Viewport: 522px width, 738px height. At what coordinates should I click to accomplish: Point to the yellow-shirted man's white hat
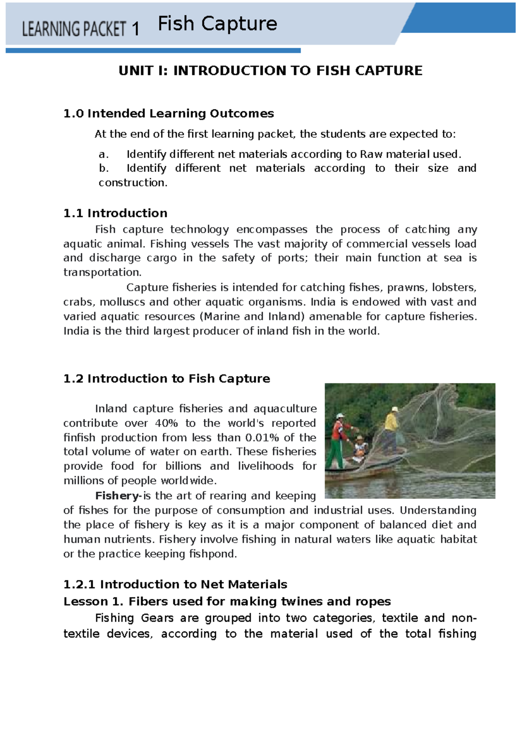[x=395, y=409]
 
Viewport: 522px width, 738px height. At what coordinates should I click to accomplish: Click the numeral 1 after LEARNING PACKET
[x=135, y=29]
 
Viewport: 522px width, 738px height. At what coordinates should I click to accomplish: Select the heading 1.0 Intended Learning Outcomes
[x=168, y=113]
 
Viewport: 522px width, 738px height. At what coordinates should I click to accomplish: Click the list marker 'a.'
[x=104, y=154]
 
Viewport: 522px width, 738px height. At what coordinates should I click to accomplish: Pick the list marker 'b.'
[x=104, y=168]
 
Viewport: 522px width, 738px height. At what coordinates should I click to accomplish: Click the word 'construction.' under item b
[x=133, y=183]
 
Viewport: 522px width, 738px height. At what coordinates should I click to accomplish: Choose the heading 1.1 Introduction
[x=115, y=213]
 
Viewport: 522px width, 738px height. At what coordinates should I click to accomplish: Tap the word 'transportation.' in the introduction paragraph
[x=103, y=273]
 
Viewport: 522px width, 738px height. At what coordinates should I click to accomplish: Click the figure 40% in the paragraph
[x=166, y=423]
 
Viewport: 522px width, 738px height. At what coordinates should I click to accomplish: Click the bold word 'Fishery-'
[x=118, y=495]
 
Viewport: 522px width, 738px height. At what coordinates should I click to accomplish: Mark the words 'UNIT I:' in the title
[x=143, y=70]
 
